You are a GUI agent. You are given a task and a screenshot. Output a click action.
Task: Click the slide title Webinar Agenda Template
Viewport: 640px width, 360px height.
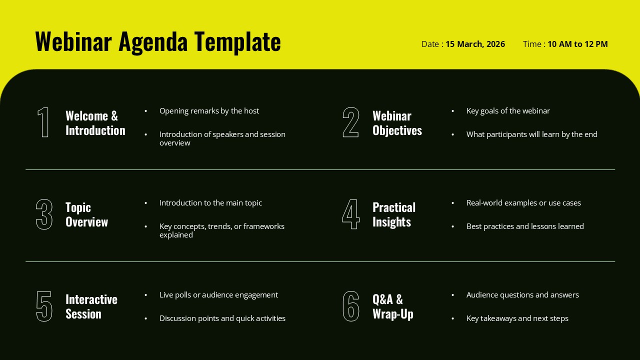click(x=157, y=41)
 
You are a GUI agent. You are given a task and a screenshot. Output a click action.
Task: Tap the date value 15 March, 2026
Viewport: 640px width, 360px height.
click(x=475, y=44)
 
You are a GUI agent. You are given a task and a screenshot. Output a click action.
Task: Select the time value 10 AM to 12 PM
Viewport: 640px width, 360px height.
click(x=577, y=44)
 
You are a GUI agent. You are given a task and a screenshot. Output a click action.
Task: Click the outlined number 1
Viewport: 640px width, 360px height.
click(x=44, y=122)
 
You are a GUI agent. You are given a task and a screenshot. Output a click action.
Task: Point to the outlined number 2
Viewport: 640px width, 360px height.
click(x=350, y=122)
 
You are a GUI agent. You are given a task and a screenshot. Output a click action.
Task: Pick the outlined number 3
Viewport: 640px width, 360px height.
click(x=44, y=214)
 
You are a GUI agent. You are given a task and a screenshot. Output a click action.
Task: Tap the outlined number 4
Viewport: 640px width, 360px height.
click(x=350, y=214)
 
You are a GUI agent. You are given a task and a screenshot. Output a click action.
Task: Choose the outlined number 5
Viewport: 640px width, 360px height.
click(x=44, y=306)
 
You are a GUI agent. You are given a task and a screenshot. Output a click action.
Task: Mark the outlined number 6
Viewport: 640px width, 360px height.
click(x=350, y=306)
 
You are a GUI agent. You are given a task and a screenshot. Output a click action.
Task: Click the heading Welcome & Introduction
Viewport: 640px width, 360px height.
click(x=95, y=123)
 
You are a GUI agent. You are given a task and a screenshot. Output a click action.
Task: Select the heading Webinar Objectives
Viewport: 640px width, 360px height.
click(x=397, y=123)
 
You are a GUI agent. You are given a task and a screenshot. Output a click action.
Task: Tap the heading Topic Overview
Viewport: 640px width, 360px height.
click(x=86, y=214)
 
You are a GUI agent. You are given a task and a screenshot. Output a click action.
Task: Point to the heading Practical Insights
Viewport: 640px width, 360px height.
click(x=394, y=214)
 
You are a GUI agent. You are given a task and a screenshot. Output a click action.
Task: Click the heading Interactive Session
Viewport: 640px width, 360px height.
click(x=91, y=306)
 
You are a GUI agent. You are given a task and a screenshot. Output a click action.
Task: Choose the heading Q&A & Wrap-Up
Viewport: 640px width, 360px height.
click(x=392, y=306)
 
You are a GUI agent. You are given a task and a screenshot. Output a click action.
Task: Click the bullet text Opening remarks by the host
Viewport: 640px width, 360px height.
click(x=209, y=111)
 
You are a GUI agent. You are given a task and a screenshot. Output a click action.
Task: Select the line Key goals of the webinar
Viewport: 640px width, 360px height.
click(x=508, y=111)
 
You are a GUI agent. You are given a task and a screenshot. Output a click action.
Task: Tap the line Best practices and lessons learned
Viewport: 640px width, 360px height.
click(x=525, y=226)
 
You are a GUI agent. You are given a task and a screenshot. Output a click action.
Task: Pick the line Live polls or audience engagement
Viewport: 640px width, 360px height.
click(x=218, y=295)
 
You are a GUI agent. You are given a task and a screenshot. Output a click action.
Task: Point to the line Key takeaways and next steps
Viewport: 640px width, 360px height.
click(x=517, y=318)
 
